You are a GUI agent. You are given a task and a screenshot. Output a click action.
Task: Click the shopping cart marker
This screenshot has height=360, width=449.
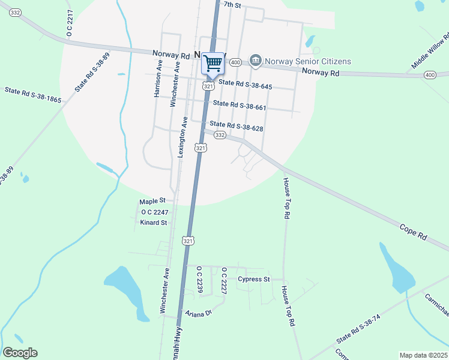212,62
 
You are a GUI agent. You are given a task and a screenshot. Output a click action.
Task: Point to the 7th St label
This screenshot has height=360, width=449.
232,5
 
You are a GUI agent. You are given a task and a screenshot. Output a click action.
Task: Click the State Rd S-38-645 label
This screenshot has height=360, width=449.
245,86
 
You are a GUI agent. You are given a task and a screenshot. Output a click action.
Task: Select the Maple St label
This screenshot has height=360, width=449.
152,201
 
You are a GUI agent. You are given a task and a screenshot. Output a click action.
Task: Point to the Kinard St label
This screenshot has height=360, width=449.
153,223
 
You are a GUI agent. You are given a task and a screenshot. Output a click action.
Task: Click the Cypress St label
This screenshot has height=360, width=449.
254,280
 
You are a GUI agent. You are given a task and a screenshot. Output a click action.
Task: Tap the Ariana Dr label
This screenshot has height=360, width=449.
199,313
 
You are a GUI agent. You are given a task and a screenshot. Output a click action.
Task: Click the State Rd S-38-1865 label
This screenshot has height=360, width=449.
33,95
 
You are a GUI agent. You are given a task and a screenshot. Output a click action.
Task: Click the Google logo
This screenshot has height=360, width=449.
20,353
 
